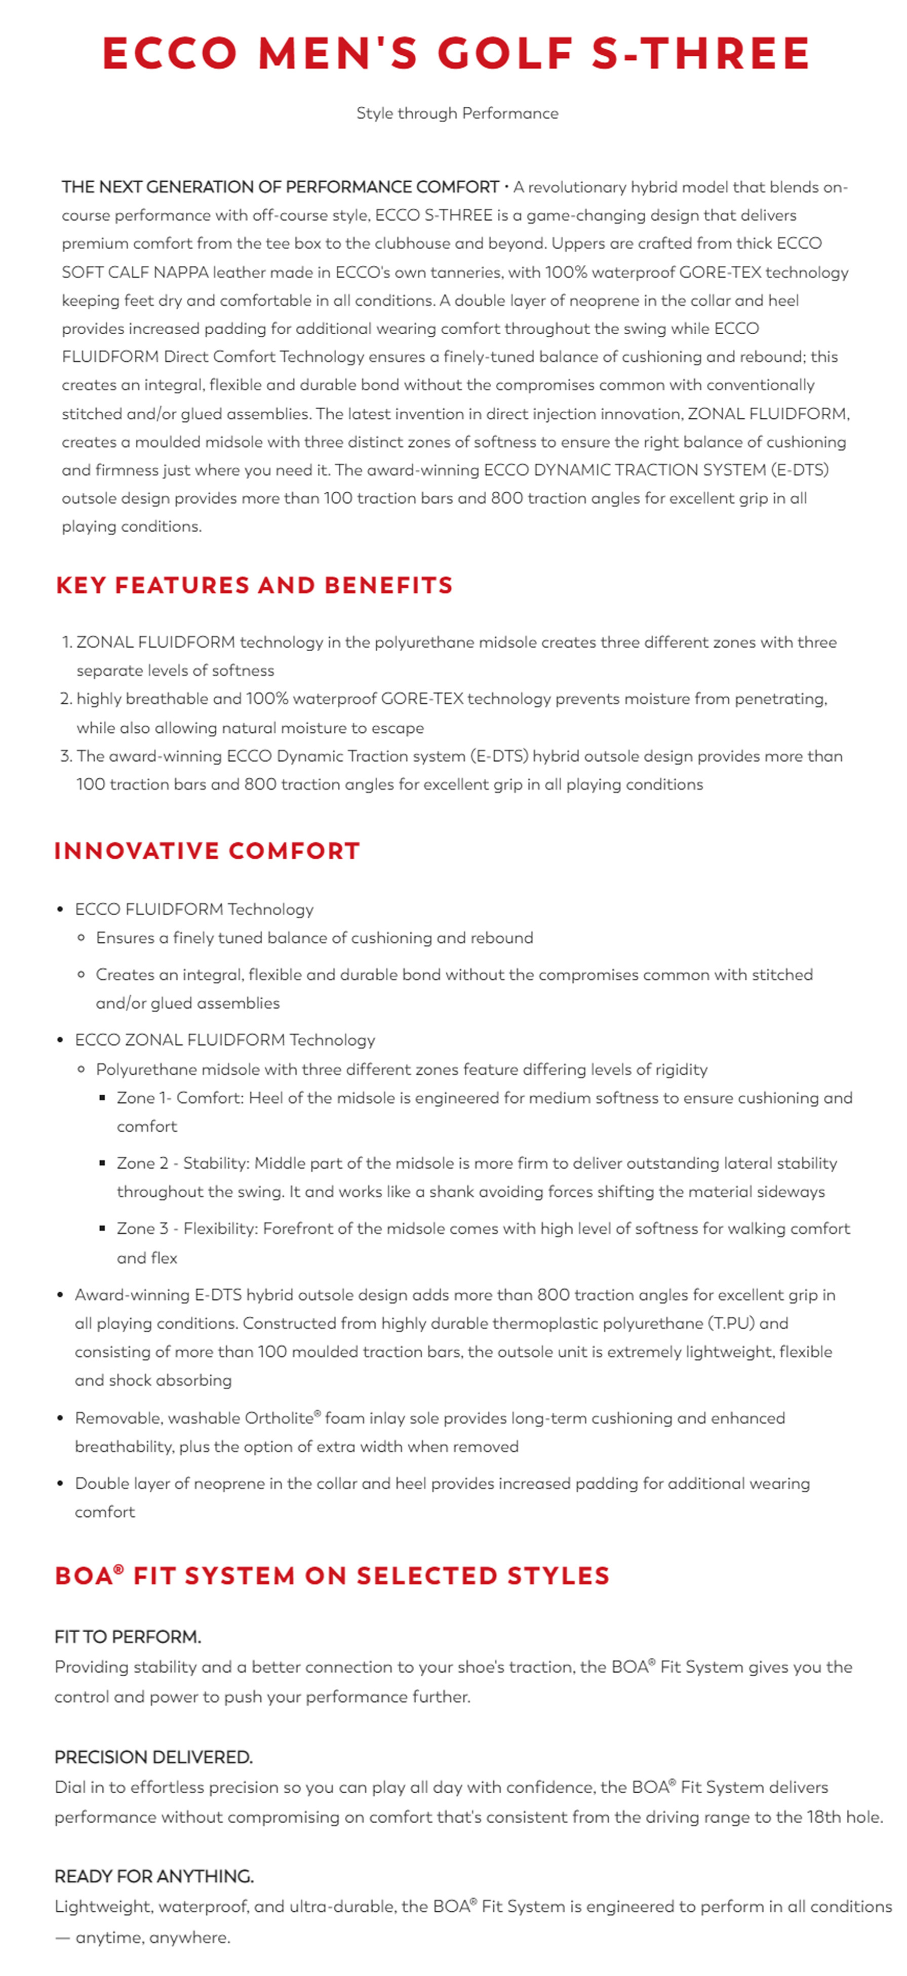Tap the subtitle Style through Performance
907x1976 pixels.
tap(457, 113)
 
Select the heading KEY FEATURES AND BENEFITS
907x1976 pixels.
tap(254, 585)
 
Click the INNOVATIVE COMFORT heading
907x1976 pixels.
tap(207, 851)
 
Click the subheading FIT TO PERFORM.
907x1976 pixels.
tap(128, 1636)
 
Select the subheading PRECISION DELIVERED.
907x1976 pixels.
tap(153, 1757)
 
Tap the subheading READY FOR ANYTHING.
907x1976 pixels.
tap(153, 1876)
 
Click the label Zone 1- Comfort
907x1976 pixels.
tap(180, 1098)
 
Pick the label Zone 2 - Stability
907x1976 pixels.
tap(183, 1163)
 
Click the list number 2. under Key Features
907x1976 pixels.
tap(66, 699)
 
